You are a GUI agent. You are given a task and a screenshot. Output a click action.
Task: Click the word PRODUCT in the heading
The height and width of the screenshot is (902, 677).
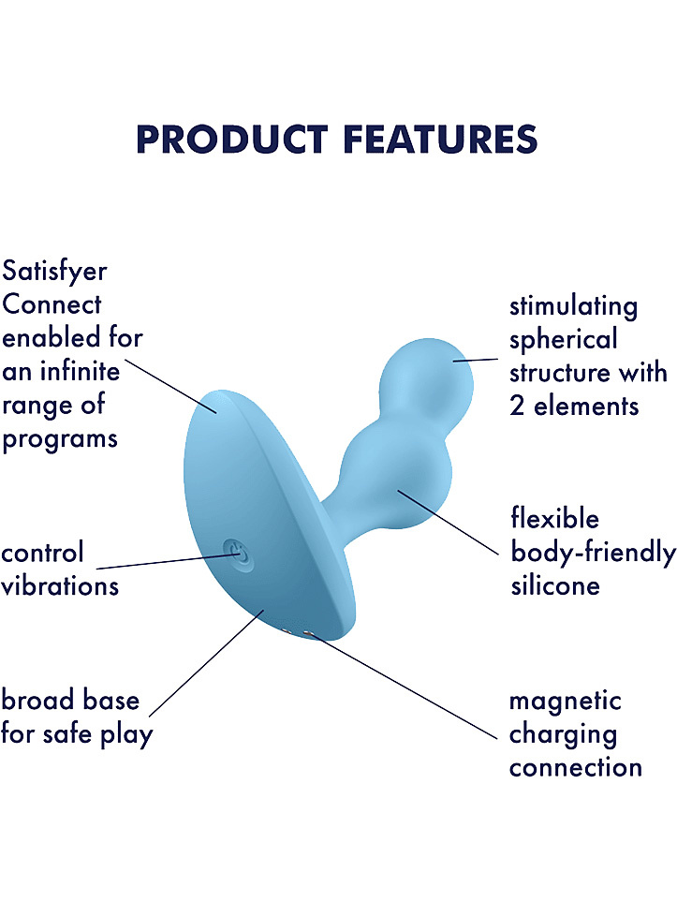pyautogui.click(x=232, y=140)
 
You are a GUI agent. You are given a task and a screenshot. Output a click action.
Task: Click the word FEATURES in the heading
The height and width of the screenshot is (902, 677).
pyautogui.click(x=441, y=140)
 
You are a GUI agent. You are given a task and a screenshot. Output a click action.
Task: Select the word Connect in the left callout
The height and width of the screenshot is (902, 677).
pyautogui.click(x=52, y=304)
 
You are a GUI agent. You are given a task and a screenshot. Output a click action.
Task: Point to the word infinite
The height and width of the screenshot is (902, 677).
pyautogui.click(x=80, y=371)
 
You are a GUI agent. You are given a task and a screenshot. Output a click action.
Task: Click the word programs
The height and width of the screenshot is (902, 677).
pyautogui.click(x=60, y=440)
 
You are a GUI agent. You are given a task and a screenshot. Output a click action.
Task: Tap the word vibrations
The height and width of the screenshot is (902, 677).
pyautogui.click(x=60, y=586)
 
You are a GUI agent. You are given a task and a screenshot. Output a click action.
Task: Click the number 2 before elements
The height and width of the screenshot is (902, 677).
pyautogui.click(x=517, y=407)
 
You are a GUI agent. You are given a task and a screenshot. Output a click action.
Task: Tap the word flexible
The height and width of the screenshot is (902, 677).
pyautogui.click(x=555, y=518)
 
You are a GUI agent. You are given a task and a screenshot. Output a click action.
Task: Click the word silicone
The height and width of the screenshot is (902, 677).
pyautogui.click(x=555, y=586)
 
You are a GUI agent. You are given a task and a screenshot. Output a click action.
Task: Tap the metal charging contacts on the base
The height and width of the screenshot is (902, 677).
pyautogui.click(x=298, y=633)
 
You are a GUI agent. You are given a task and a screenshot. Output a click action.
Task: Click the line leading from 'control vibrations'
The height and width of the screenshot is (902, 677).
pyautogui.click(x=168, y=561)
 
